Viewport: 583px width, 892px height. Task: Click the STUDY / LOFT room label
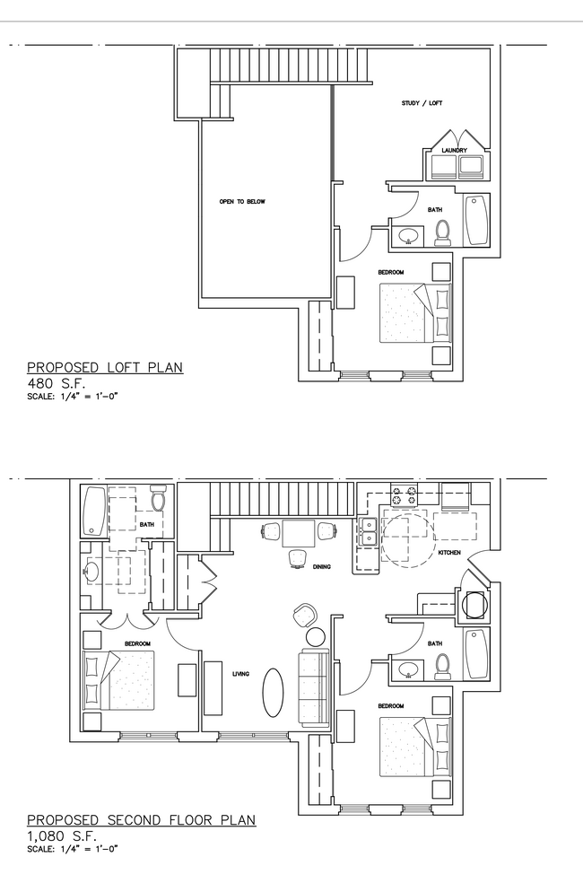coord(422,103)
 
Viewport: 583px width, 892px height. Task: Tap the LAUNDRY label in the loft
coord(455,150)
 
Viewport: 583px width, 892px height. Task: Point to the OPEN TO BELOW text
coord(242,201)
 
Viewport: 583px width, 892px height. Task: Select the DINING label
coord(321,566)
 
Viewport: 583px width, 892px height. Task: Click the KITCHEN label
coord(449,553)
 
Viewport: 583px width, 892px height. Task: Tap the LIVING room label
coord(240,674)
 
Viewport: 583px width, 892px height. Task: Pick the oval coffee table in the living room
coord(273,692)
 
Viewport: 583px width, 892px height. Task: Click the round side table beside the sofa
coord(315,636)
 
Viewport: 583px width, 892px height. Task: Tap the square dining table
coord(299,533)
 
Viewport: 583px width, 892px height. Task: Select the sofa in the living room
coord(314,687)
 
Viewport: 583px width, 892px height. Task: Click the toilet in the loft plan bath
coord(442,232)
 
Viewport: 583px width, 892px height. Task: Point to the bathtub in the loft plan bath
coord(476,220)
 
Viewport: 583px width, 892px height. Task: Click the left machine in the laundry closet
coord(443,167)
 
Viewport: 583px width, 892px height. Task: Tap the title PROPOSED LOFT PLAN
coord(105,367)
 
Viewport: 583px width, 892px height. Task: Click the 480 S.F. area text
coord(57,383)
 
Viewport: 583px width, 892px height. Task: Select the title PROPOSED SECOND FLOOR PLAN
coord(142,819)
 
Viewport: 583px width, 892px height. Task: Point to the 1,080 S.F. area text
coord(62,836)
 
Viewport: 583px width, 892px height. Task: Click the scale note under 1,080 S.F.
coord(73,849)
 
